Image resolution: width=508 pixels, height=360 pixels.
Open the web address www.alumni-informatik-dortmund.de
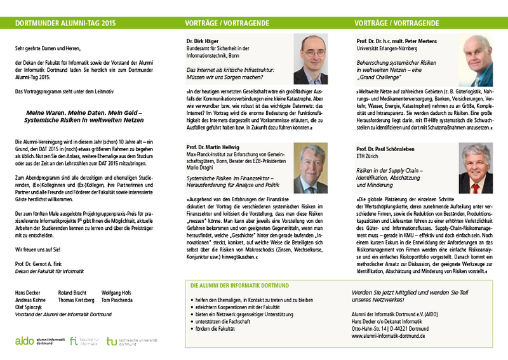[x=392, y=335]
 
